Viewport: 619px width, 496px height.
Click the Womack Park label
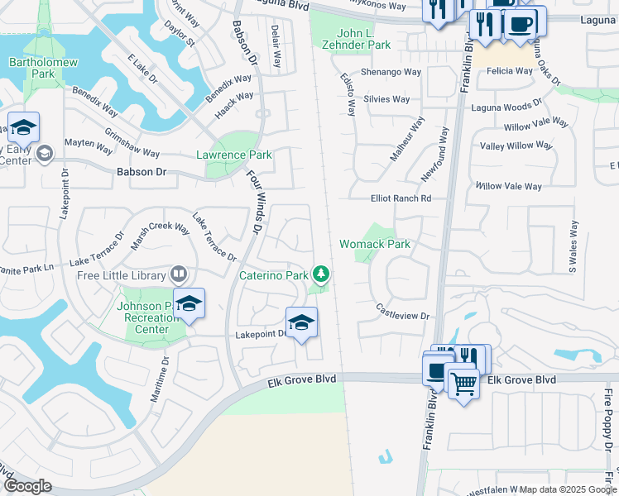375,244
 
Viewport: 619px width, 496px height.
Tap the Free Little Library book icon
178,274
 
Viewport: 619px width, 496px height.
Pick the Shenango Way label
393,73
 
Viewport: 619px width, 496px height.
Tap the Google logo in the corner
27,486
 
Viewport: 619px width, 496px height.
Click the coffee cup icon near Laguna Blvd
520,22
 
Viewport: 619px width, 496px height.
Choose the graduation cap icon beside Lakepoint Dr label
301,323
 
